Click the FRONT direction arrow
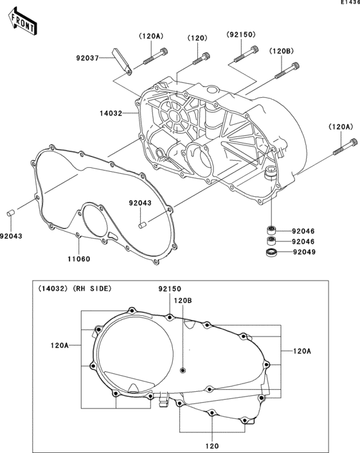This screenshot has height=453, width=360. coord(22,21)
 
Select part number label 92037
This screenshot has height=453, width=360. coord(87,58)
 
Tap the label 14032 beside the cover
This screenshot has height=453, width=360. coord(111,113)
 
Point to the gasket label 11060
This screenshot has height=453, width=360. coord(79,259)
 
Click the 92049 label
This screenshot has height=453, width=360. coord(304,252)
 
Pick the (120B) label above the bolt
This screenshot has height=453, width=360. coord(282,51)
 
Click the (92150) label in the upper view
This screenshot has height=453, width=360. coord(241,34)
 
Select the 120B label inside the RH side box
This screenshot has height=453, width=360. coord(183,300)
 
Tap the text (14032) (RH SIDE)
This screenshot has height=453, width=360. coord(75,288)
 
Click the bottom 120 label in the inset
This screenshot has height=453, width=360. coord(212,446)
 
